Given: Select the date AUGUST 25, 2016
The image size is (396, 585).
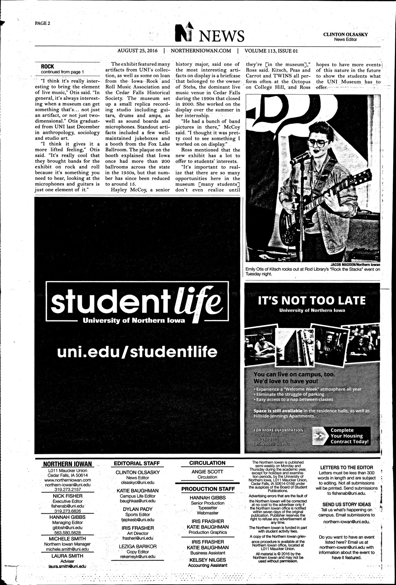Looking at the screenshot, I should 137,50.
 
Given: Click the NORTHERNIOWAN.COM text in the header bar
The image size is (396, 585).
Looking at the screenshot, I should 201,50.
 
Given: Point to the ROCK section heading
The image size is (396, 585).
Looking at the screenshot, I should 47,66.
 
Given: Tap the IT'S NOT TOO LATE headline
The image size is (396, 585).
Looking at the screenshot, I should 312,300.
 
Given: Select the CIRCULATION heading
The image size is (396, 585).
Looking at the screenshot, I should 207,463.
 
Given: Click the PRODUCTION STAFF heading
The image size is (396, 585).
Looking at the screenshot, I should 208,489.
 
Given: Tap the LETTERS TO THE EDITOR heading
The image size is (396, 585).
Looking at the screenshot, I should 346,467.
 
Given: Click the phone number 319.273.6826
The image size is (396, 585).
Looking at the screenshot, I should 68,511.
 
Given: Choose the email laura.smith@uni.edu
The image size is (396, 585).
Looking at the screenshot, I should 67,566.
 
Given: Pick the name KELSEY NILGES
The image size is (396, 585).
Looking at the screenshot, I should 208,560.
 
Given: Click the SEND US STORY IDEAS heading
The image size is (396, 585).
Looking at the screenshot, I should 346,504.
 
